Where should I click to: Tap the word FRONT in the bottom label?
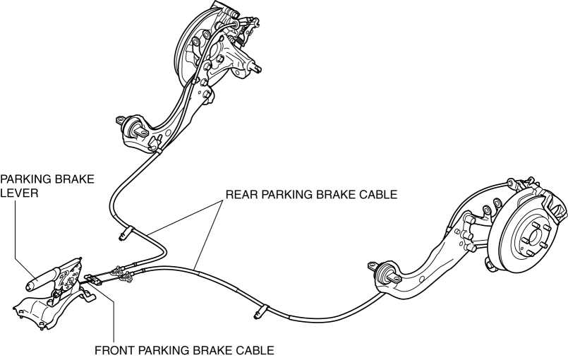click(x=116, y=350)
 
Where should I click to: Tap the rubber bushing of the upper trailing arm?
click(x=135, y=130)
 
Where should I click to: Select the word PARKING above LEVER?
click(x=28, y=178)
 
